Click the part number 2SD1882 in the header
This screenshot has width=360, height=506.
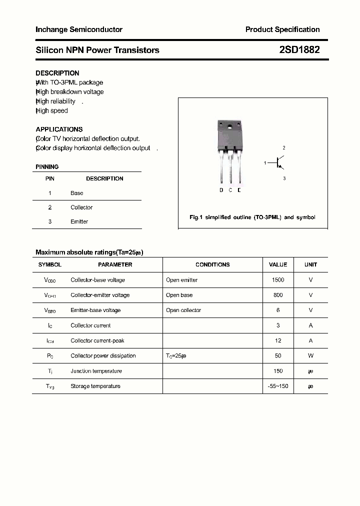tap(299, 50)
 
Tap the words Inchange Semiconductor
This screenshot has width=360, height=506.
tap(79, 29)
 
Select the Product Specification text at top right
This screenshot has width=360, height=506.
tap(282, 29)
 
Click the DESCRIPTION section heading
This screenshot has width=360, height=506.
tap(57, 73)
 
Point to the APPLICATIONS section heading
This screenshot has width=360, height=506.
tap(59, 129)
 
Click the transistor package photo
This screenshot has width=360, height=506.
tap(230, 152)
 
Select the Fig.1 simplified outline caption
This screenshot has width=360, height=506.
tap(252, 217)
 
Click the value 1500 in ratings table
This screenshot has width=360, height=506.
tap(278, 280)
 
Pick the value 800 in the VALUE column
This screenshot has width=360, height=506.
tap(278, 295)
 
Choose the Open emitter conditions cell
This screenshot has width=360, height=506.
tap(181, 280)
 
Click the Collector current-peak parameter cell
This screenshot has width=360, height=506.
tap(97, 340)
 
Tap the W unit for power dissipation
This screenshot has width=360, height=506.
tap(310, 356)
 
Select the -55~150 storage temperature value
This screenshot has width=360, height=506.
tap(278, 386)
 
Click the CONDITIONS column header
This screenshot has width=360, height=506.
tap(212, 264)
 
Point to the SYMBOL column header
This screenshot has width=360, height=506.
tap(50, 264)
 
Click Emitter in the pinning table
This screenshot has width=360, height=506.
tap(79, 221)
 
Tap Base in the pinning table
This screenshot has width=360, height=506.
tap(77, 193)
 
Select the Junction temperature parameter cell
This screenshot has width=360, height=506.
tap(96, 371)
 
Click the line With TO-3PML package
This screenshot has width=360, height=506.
tap(69, 82)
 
